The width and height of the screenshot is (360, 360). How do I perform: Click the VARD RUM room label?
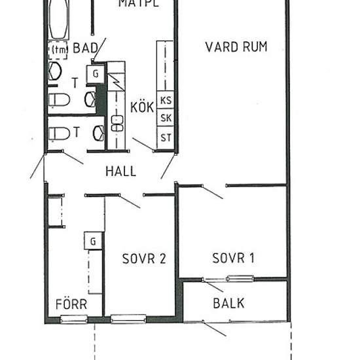236,47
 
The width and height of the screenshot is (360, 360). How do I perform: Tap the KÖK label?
142,107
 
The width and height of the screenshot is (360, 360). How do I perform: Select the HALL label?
121,171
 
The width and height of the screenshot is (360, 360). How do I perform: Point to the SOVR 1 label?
233,258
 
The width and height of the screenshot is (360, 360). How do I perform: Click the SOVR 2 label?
144,259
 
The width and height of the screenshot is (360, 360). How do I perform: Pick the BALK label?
228,303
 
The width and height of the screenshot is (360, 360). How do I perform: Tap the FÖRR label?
71,304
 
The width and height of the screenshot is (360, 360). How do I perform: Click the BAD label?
85,48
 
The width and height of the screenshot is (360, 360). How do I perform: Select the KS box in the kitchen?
166,100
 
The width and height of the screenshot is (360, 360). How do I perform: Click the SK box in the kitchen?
166,118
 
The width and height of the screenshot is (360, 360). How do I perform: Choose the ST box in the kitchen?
166,137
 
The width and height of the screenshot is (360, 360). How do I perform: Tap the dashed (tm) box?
58,50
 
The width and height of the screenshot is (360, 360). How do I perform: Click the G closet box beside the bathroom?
96,74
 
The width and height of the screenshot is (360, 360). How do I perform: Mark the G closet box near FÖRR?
93,241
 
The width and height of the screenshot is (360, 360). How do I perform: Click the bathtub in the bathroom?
58,19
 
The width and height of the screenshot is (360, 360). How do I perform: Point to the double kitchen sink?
117,124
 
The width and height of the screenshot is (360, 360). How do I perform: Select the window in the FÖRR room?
74,319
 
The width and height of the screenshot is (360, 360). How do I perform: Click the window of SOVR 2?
128,319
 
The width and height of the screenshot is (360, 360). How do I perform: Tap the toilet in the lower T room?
59,134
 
